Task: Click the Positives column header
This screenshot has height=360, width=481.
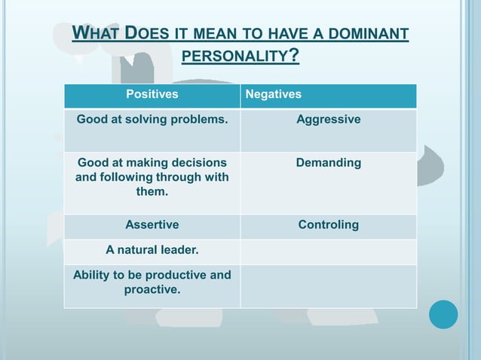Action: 152,95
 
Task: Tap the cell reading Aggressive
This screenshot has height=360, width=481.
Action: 328,120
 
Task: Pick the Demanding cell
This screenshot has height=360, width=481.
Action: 328,163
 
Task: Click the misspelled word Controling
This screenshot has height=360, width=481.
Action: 328,225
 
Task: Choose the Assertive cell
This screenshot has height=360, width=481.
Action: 152,225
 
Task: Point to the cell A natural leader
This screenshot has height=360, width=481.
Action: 152,250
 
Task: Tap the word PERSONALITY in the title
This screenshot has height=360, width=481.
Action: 235,57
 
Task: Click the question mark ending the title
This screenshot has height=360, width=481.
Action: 294,56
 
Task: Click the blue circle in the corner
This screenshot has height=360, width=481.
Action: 443,314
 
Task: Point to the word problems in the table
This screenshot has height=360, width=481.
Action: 201,120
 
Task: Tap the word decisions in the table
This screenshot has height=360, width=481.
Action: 198,163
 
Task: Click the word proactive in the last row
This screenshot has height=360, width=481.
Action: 152,289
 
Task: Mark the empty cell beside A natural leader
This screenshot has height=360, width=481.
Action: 328,252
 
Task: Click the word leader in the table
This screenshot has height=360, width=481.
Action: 181,250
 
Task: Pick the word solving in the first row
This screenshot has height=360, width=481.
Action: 151,120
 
